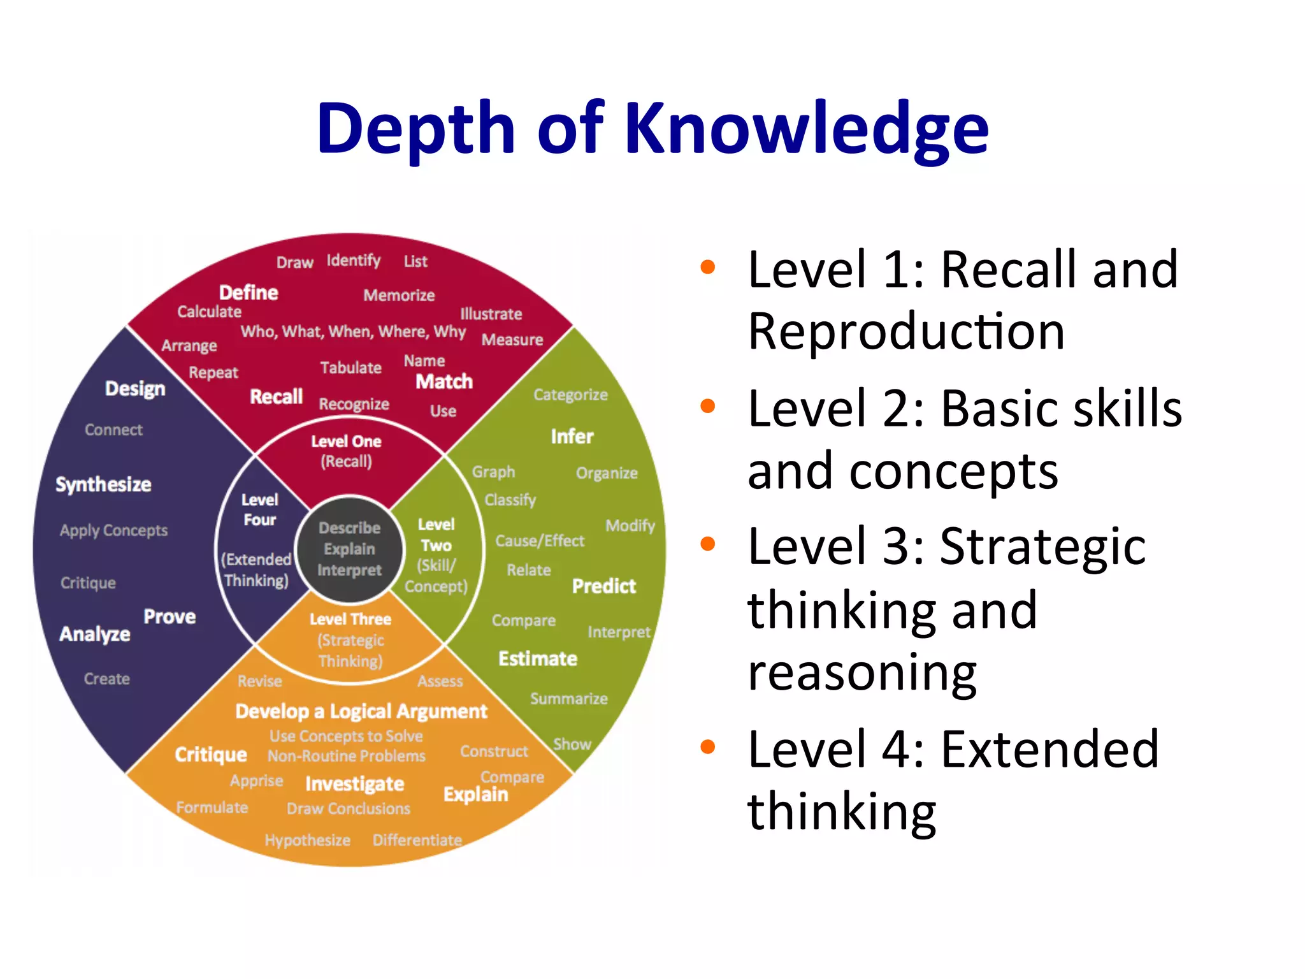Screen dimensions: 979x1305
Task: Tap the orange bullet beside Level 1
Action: click(x=707, y=267)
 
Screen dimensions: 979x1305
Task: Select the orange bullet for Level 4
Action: click(x=707, y=746)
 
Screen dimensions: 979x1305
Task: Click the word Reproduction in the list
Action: click(x=905, y=331)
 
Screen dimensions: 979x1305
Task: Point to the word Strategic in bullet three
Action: click(x=1042, y=546)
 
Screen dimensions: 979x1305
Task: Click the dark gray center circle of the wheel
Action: click(x=349, y=549)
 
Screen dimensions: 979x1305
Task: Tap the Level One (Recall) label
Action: click(x=346, y=451)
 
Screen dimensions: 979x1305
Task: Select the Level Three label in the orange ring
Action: click(x=350, y=620)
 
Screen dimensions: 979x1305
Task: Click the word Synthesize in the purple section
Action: click(x=103, y=484)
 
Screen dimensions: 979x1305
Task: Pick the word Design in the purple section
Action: click(x=135, y=388)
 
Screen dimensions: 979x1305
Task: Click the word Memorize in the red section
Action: click(x=399, y=295)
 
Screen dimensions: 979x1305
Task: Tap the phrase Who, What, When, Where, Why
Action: click(x=353, y=331)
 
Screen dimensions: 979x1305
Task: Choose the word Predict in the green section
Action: click(x=603, y=586)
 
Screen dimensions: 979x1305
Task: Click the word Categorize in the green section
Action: click(x=570, y=395)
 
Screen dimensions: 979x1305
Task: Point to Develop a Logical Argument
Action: click(x=361, y=711)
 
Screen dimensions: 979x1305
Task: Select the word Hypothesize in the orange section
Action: click(x=307, y=841)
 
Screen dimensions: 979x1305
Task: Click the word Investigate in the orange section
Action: click(x=354, y=784)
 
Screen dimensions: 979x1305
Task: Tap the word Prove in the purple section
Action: click(x=169, y=617)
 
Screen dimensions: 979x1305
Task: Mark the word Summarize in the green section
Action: click(x=568, y=699)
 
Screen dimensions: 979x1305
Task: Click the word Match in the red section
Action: click(x=444, y=382)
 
